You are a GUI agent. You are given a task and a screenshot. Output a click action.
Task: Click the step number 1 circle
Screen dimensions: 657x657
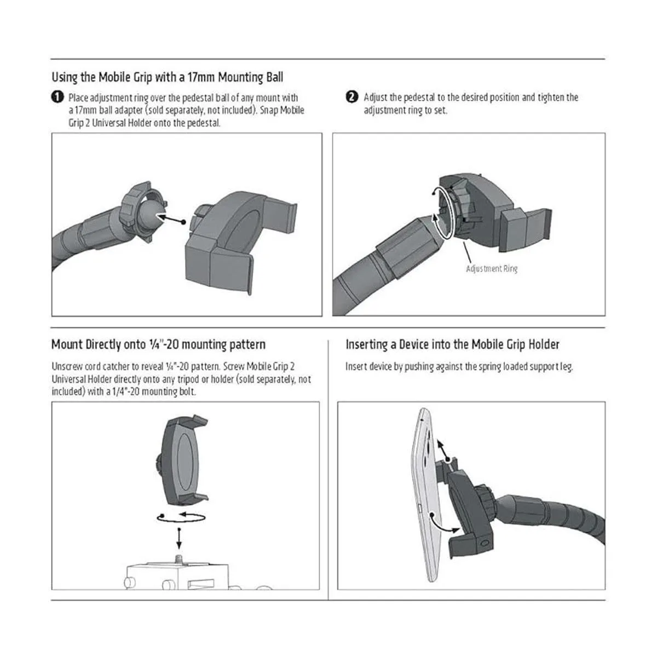(57, 97)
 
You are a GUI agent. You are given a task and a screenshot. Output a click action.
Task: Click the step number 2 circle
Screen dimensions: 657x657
(352, 97)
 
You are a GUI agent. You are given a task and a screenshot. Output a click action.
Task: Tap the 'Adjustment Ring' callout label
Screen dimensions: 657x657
(492, 269)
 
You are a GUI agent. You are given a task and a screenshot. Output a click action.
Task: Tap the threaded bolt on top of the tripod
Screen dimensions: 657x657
(178, 560)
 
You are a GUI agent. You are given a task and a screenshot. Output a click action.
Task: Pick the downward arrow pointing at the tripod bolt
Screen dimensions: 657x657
(179, 538)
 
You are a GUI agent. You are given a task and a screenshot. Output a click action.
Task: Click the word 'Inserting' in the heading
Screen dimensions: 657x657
(366, 345)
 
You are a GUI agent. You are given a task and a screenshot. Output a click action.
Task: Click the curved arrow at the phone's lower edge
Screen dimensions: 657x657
(443, 523)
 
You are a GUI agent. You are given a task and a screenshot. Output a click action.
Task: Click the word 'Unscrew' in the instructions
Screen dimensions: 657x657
(67, 366)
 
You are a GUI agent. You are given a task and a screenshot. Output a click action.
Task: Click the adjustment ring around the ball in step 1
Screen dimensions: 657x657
(142, 211)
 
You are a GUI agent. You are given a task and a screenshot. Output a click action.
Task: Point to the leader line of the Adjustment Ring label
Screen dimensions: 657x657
(468, 252)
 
